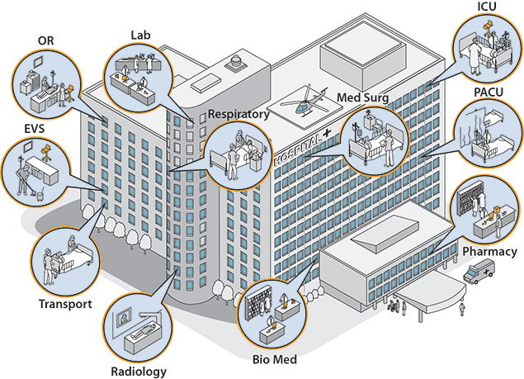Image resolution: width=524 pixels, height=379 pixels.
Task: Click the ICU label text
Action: coord(487,7)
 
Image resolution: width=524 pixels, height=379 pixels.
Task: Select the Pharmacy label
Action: coord(490,249)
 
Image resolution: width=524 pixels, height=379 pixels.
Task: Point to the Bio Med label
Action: coord(274,360)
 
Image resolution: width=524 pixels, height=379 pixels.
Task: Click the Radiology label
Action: coord(139,372)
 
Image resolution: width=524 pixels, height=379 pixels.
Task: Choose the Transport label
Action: coord(65,303)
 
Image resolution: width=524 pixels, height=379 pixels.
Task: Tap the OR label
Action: coord(46,40)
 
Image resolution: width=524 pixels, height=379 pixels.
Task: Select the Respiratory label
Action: coord(238,115)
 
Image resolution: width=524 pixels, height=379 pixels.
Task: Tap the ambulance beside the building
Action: coord(480,273)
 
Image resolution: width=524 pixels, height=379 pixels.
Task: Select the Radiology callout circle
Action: coord(137,328)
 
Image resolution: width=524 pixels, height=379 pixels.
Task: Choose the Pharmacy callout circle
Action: coord(486,206)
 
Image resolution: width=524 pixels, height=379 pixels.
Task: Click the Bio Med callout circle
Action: coord(273,314)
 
